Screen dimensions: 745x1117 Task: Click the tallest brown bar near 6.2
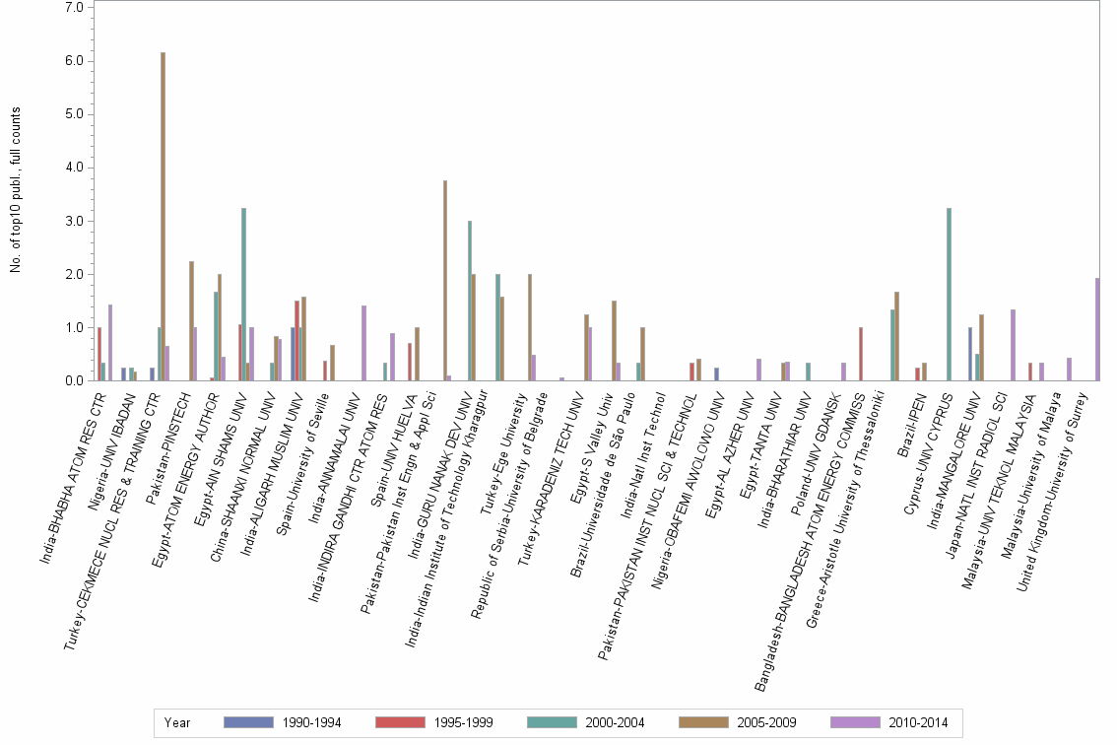(x=164, y=217)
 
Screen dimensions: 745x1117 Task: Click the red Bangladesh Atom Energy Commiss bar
(x=861, y=354)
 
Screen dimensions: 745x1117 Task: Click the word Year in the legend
(x=177, y=722)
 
